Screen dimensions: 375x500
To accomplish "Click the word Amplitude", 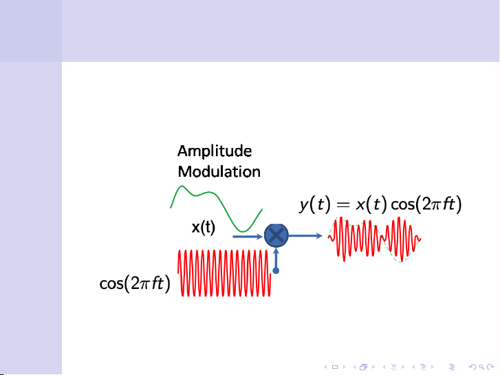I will tap(214, 151).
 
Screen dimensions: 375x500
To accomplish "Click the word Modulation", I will tap(219, 171).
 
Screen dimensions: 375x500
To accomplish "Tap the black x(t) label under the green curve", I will tap(203, 227).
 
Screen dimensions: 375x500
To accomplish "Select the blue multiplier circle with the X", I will tap(275, 236).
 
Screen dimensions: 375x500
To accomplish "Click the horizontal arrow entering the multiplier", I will tap(248, 236).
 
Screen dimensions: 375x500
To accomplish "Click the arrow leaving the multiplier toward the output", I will tap(305, 236).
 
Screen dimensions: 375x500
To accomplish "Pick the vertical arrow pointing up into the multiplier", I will tap(275, 258).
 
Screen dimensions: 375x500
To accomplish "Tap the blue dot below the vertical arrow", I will tap(276, 271).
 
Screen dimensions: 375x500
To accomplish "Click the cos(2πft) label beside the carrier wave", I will tap(135, 284).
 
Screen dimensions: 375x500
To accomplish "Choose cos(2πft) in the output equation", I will tap(426, 204).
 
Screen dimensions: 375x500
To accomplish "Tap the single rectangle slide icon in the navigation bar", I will tap(334, 367).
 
